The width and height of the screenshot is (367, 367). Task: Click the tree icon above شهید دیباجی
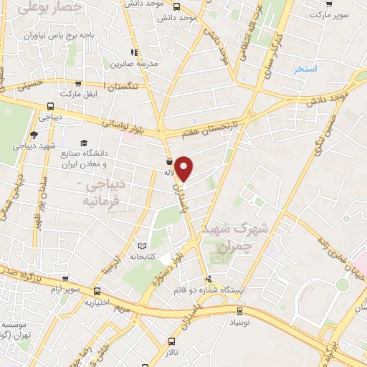pos(34,134)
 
